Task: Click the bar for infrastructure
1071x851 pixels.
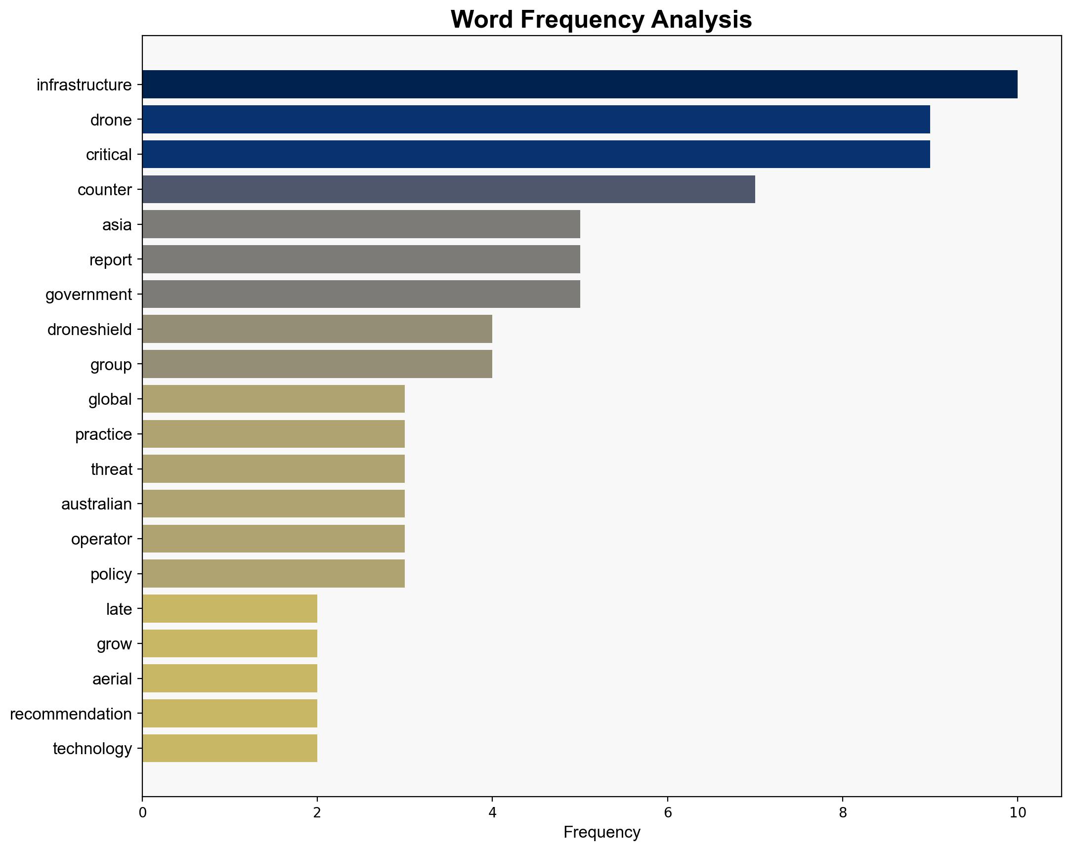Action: coord(580,85)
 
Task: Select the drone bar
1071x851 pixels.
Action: coord(536,119)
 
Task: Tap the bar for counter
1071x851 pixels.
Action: coord(449,189)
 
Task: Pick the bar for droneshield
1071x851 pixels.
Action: coord(317,329)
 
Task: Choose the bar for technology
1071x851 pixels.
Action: coord(229,748)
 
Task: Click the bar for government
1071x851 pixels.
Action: coord(361,294)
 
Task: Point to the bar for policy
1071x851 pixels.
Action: coord(273,574)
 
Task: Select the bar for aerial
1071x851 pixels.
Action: coord(229,679)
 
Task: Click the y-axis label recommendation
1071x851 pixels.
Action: coord(71,714)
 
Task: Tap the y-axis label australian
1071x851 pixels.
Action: coord(96,504)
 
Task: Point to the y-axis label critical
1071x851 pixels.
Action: coord(109,155)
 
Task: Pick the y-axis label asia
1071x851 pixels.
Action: coord(117,224)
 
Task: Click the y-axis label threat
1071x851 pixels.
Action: coord(111,469)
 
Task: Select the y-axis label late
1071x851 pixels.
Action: coord(119,609)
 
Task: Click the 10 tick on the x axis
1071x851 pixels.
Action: coord(1017,813)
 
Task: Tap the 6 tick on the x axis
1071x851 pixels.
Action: coord(667,813)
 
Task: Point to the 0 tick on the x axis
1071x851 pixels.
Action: coord(142,813)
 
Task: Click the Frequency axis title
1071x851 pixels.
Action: coord(601,833)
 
